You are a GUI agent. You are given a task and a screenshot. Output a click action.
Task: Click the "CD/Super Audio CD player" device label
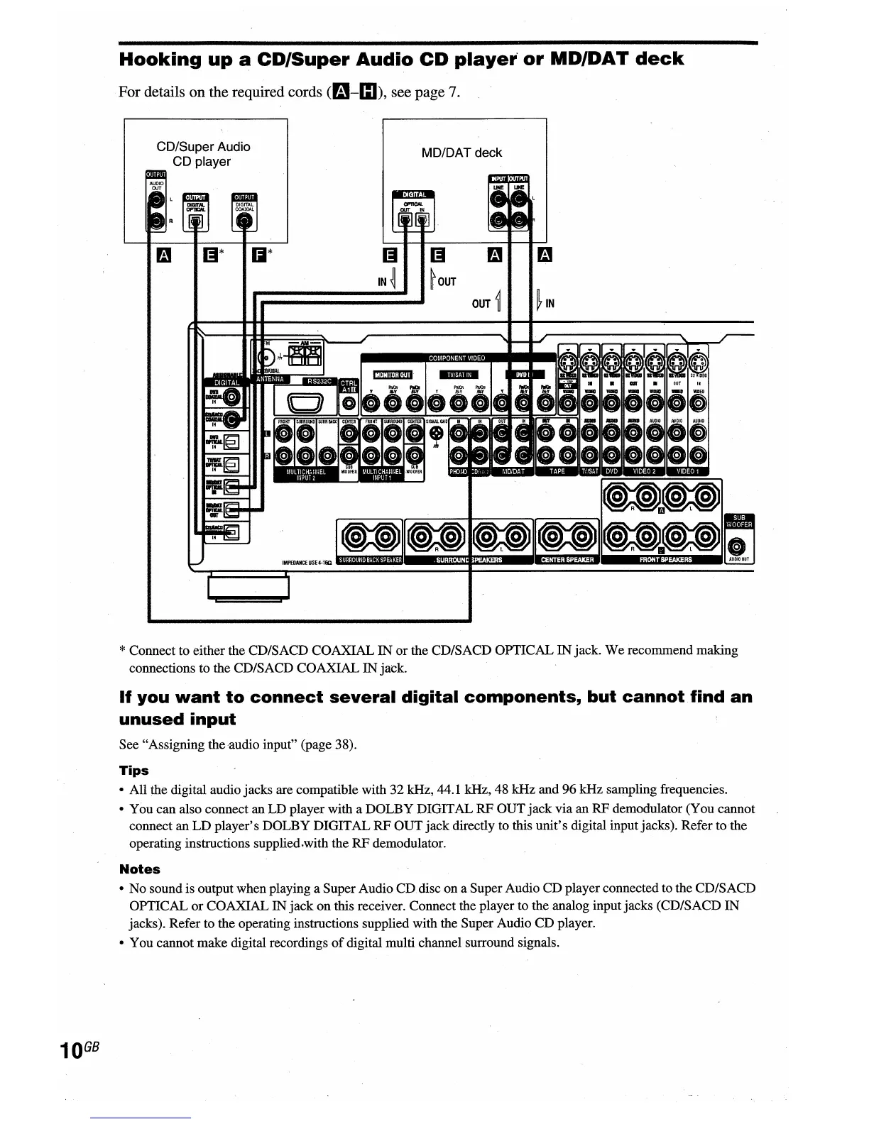pyautogui.click(x=203, y=154)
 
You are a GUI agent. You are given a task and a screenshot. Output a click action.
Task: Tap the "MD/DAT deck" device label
pyautogui.click(x=461, y=153)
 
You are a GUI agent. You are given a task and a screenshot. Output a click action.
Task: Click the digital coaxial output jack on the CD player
pyautogui.click(x=245, y=221)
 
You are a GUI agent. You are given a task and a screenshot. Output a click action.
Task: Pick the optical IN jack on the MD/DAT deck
pyautogui.click(x=422, y=220)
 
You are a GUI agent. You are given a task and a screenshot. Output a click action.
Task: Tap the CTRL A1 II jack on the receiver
pyautogui.click(x=348, y=404)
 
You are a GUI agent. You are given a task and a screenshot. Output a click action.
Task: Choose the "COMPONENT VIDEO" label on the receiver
pyautogui.click(x=457, y=358)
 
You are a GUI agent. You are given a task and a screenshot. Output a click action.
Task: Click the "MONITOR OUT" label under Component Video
pyautogui.click(x=393, y=375)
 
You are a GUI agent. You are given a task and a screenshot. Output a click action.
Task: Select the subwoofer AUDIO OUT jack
pyautogui.click(x=738, y=546)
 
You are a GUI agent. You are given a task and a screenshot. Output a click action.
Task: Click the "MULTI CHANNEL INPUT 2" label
pyautogui.click(x=305, y=474)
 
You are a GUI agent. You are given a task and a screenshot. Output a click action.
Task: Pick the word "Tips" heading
pyautogui.click(x=133, y=771)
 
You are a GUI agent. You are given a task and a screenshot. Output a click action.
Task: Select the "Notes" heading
pyautogui.click(x=139, y=869)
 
